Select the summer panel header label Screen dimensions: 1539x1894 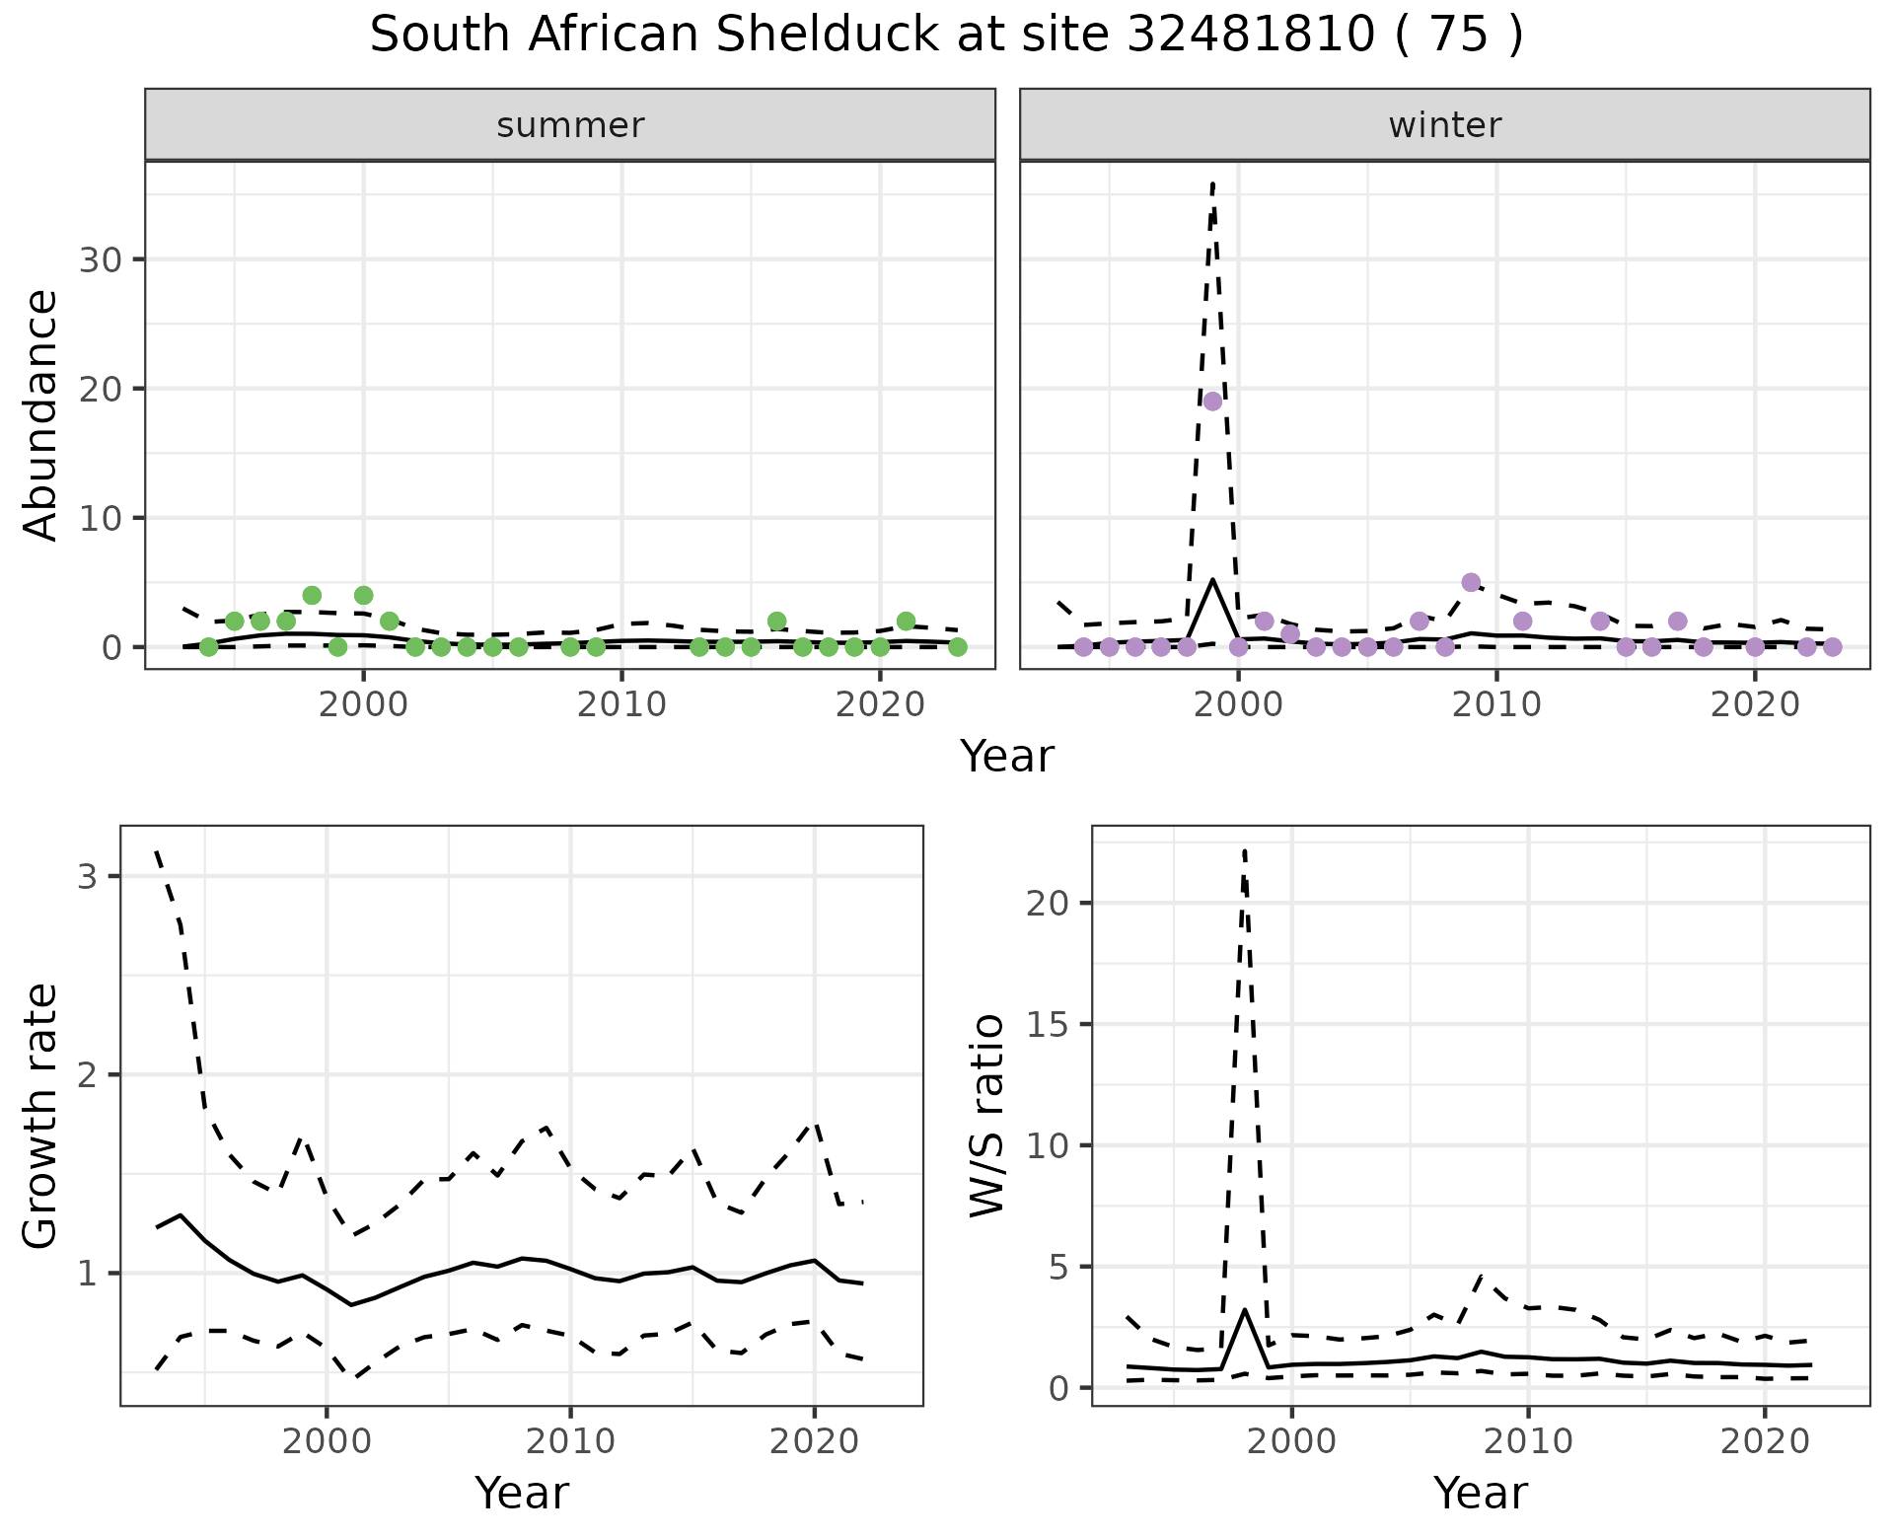[x=570, y=125]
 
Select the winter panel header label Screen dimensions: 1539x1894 [x=1444, y=125]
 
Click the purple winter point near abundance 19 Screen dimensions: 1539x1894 [x=1212, y=402]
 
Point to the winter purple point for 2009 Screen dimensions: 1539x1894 [x=1471, y=582]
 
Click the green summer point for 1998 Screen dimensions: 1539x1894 [x=312, y=595]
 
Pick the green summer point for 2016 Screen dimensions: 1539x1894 [x=776, y=622]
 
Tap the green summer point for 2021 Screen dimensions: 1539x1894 [x=906, y=622]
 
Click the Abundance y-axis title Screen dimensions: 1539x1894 [x=41, y=414]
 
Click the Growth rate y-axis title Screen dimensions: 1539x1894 [x=41, y=1116]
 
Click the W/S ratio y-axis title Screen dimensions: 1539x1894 [x=987, y=1116]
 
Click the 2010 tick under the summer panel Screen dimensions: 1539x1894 [x=621, y=704]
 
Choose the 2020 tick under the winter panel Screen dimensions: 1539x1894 [x=1754, y=704]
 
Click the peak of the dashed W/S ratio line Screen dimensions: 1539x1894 [x=1245, y=849]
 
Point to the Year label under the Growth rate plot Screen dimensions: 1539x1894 [x=522, y=1493]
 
